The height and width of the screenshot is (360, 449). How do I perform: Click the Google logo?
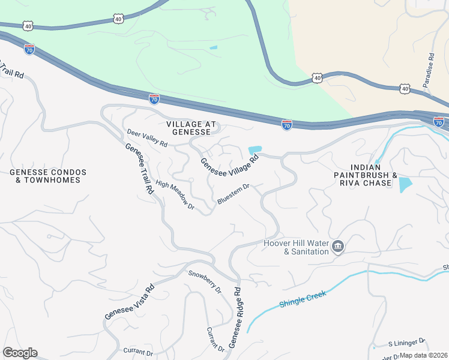[x=20, y=353]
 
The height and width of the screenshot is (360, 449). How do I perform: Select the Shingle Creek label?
[x=303, y=299]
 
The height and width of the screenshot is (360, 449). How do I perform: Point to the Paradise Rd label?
[x=430, y=70]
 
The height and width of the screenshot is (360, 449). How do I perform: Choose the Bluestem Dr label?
[x=233, y=194]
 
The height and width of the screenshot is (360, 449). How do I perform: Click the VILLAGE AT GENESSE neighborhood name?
[x=190, y=127]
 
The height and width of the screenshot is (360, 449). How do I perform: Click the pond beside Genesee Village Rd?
[x=255, y=150]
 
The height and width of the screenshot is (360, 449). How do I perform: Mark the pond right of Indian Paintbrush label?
[x=406, y=184]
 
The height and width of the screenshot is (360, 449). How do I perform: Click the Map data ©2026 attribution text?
[x=424, y=355]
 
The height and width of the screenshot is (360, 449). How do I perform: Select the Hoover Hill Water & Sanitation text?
[x=297, y=247]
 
